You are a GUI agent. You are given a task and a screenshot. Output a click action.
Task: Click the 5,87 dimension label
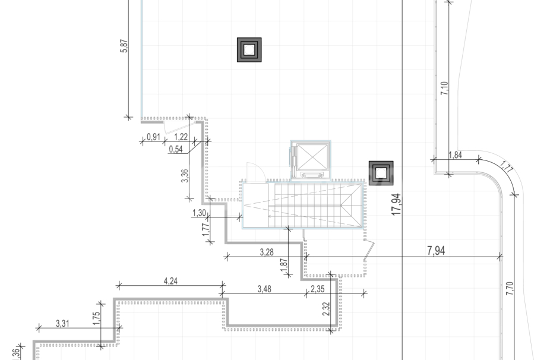pyautogui.click(x=124, y=46)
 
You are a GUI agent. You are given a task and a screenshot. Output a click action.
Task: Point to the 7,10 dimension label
pyautogui.click(x=445, y=89)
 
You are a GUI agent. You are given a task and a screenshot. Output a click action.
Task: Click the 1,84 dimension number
pyautogui.click(x=455, y=155)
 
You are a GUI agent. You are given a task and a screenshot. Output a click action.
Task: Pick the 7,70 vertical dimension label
pyautogui.click(x=509, y=289)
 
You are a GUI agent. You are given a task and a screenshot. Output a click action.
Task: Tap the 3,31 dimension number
pyautogui.click(x=62, y=323)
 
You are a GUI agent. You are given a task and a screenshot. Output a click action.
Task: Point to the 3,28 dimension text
pyautogui.click(x=267, y=252)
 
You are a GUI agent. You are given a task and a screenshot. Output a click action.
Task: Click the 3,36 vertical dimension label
pyautogui.click(x=185, y=176)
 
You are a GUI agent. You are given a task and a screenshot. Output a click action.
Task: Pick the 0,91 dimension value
pyautogui.click(x=153, y=137)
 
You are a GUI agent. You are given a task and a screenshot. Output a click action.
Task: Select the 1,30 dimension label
pyautogui.click(x=200, y=213)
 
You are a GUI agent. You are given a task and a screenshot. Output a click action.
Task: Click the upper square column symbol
pyautogui.click(x=249, y=50)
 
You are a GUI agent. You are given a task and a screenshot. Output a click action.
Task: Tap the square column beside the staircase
pyautogui.click(x=381, y=173)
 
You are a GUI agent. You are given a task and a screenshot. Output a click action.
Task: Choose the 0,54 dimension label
pyautogui.click(x=176, y=149)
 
